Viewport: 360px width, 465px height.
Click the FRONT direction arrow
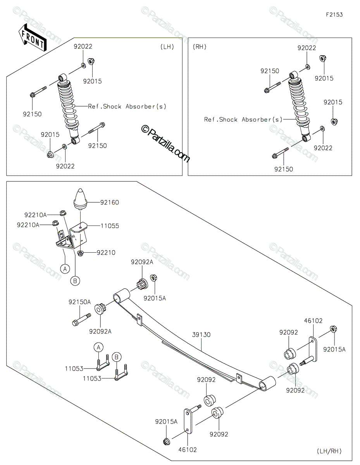click(32, 38)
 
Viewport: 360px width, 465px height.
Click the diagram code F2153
click(334, 15)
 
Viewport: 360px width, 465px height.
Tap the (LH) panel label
click(167, 47)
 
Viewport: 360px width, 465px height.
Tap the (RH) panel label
click(200, 47)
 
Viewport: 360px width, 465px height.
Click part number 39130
click(201, 334)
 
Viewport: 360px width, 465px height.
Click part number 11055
click(110, 226)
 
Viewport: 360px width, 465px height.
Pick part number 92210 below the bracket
click(106, 253)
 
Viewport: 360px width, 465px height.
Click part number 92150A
click(79, 302)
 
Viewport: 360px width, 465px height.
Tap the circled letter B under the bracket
click(75, 281)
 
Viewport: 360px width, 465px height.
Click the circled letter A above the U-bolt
click(98, 347)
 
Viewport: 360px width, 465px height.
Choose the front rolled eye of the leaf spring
click(121, 295)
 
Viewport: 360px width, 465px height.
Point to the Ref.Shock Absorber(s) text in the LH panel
click(127, 106)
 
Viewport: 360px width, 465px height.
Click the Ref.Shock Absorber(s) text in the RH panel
click(243, 119)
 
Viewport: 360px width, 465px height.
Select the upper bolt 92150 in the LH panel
click(38, 91)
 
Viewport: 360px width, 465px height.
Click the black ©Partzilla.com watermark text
click(166, 144)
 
